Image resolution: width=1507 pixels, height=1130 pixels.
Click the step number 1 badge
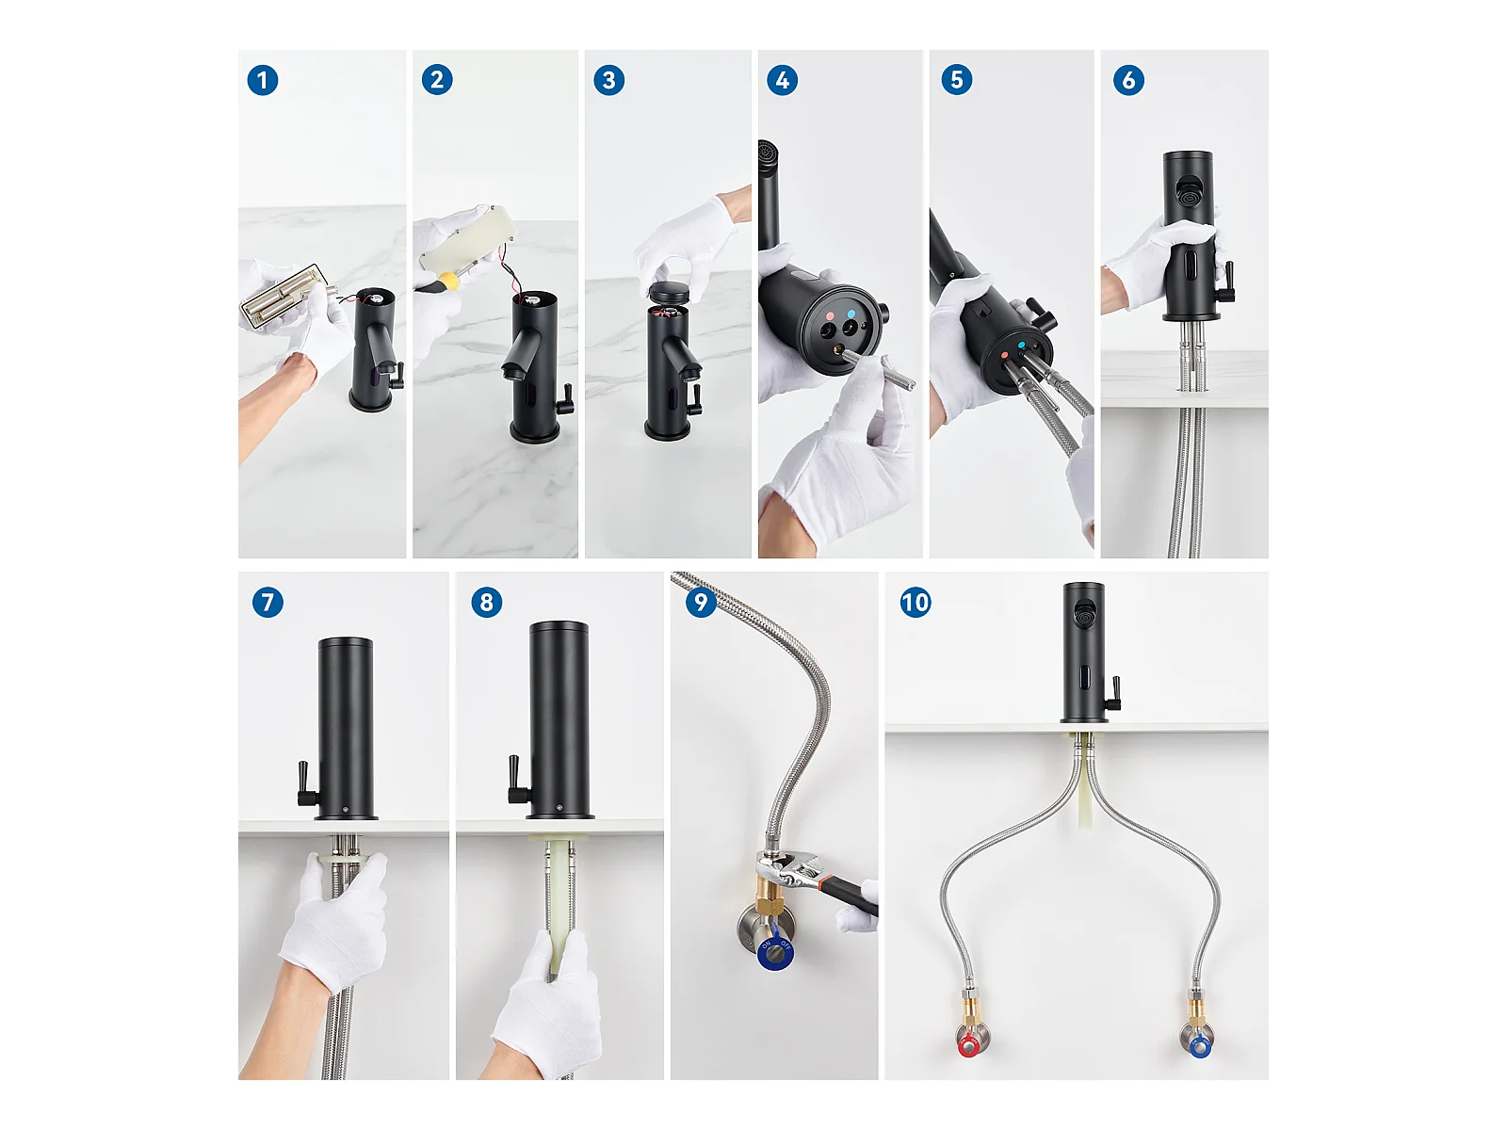click(262, 80)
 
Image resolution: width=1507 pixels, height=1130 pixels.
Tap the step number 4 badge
click(782, 80)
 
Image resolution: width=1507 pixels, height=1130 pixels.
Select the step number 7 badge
click(267, 603)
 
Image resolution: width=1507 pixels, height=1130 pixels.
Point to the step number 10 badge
click(916, 603)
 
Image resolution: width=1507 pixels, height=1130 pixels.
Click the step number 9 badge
click(701, 602)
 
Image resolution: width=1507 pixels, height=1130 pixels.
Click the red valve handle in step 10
click(969, 1047)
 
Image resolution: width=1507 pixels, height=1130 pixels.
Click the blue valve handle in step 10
click(1199, 1047)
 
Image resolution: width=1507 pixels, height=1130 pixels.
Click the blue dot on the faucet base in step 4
click(851, 315)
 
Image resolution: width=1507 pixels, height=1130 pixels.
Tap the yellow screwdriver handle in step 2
click(449, 281)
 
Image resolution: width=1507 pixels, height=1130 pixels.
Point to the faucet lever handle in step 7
click(305, 783)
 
